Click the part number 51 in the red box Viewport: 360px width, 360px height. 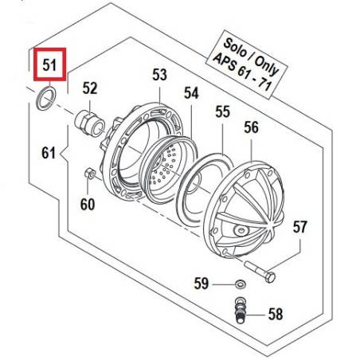click(49, 65)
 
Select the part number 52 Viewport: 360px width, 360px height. click(90, 88)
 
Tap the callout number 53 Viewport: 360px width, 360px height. click(159, 75)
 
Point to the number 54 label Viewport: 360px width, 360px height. click(191, 93)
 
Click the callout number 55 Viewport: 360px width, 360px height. click(222, 112)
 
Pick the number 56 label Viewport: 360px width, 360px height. click(251, 127)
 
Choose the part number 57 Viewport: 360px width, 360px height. click(300, 227)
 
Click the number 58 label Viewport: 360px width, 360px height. click(276, 315)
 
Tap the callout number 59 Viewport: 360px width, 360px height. click(202, 284)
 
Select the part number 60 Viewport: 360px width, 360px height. click(88, 205)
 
